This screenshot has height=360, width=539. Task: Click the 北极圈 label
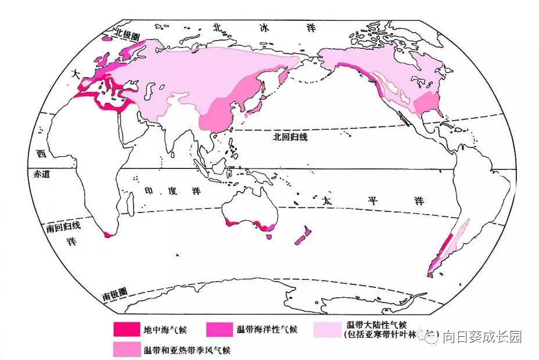point(128,35)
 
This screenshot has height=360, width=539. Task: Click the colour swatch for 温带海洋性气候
point(219,329)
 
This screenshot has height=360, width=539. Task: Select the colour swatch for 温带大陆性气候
point(326,329)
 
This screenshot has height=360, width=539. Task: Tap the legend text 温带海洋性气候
point(267,330)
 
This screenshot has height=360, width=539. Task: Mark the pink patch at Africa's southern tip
point(107,234)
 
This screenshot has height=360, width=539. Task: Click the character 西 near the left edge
point(39,154)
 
